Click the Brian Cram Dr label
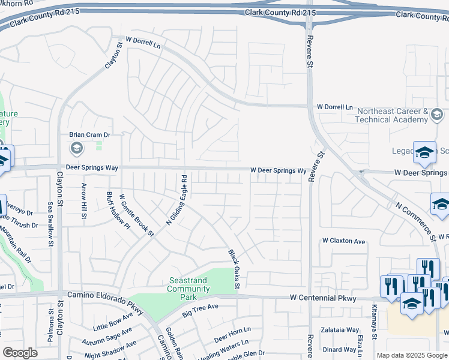(x=90, y=136)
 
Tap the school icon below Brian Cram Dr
(x=76, y=148)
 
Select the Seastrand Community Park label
(x=189, y=285)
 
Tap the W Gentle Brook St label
(x=137, y=214)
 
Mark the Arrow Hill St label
(x=84, y=200)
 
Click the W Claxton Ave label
(x=343, y=241)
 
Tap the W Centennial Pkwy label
(x=323, y=298)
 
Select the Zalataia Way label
(x=340, y=330)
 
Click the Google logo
(x=20, y=353)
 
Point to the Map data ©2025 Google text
(x=412, y=355)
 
